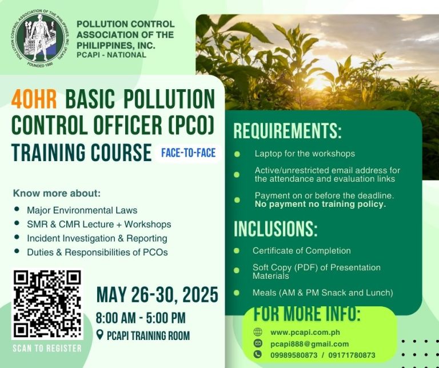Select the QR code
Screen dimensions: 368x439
click(47, 303)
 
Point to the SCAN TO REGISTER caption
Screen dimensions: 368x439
click(47, 348)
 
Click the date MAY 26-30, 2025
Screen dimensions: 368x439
click(157, 295)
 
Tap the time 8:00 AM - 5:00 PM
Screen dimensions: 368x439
click(141, 318)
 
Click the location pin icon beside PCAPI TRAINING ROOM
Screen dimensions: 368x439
click(100, 335)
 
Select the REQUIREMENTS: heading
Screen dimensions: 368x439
click(287, 131)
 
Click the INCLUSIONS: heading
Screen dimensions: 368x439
click(275, 229)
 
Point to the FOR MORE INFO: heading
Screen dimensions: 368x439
click(307, 314)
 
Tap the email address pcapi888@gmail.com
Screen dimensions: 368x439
click(309, 343)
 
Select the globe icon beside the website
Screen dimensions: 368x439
click(258, 332)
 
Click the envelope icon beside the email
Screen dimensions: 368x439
click(258, 343)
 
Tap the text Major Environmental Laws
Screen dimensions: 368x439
click(82, 210)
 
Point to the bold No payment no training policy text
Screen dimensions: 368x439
click(320, 203)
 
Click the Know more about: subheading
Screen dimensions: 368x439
click(57, 193)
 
